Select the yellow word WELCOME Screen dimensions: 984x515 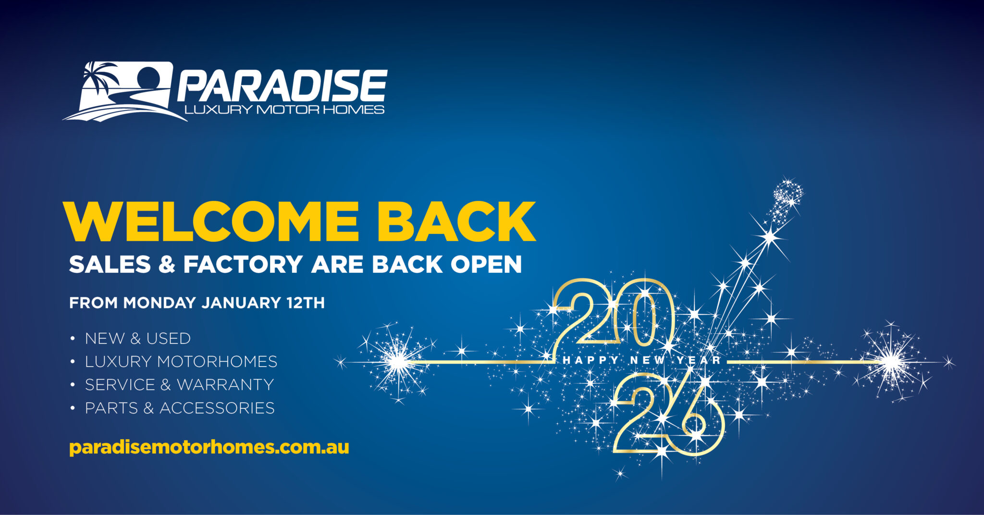point(211,221)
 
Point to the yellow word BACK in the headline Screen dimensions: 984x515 point(456,221)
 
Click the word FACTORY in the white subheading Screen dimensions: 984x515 point(243,265)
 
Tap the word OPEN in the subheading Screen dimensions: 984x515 point(486,265)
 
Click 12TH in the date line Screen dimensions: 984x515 point(306,303)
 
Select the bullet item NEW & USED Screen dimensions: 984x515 point(138,339)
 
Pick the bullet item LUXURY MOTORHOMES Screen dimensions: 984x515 point(181,362)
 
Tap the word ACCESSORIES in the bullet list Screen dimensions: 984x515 point(217,408)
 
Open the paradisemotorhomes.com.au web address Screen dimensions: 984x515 point(209,447)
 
